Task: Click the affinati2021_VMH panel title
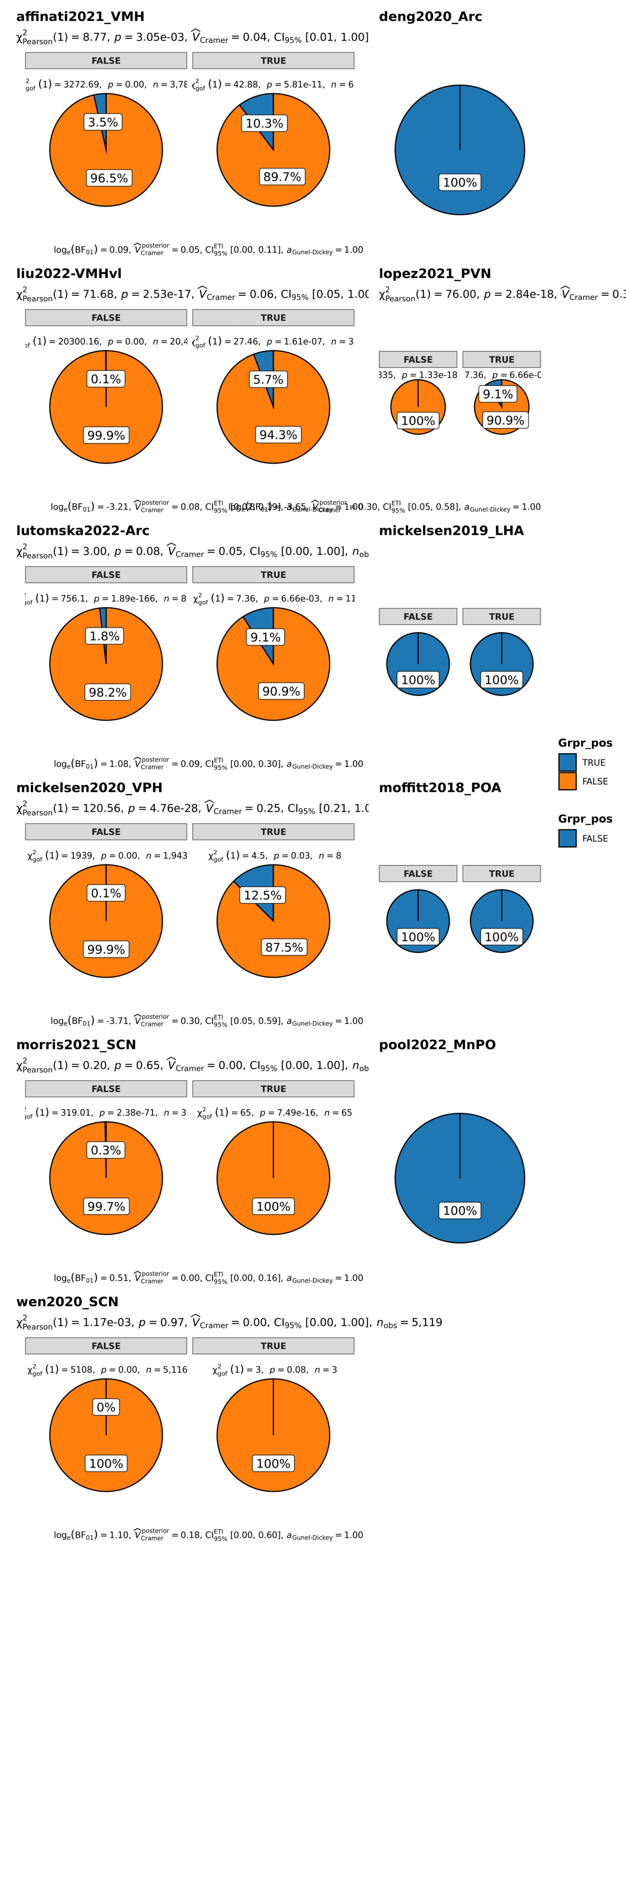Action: tap(80, 17)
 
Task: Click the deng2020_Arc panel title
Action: tap(430, 17)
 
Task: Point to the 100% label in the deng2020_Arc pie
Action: tap(460, 182)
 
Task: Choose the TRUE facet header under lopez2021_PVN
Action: tap(501, 359)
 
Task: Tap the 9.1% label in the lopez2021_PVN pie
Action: tap(498, 394)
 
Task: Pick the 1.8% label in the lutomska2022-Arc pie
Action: tap(104, 636)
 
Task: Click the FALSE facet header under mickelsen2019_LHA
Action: tap(418, 617)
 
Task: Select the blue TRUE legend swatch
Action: tap(567, 762)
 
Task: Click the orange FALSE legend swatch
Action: tap(567, 782)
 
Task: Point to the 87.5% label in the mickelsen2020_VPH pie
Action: tap(284, 947)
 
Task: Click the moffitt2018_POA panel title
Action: tap(440, 788)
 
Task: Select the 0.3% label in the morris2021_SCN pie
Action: tap(106, 1150)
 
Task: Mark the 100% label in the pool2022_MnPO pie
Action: tap(460, 1211)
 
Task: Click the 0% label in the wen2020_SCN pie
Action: tap(106, 1407)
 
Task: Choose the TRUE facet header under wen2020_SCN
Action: tap(273, 1346)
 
